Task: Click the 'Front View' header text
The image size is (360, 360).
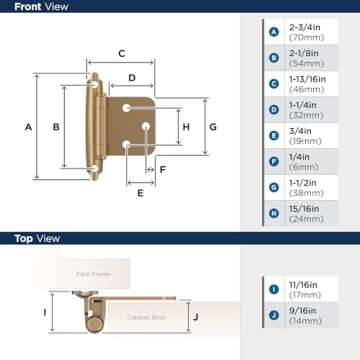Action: [x=41, y=8]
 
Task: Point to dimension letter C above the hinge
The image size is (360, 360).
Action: [x=120, y=53]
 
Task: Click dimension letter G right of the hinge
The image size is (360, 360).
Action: [x=212, y=126]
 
